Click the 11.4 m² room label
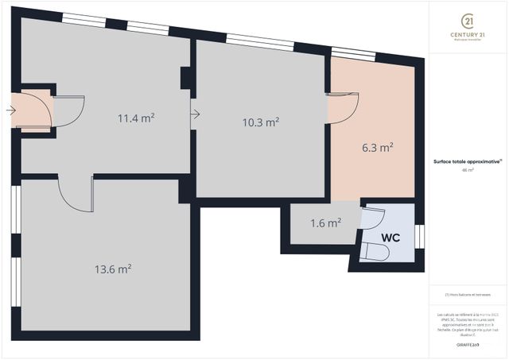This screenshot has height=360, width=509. pyautogui.click(x=136, y=118)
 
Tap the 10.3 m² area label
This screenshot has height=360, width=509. pyautogui.click(x=260, y=122)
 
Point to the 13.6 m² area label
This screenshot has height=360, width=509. pyautogui.click(x=112, y=269)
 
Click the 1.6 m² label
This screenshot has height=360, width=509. pyautogui.click(x=326, y=223)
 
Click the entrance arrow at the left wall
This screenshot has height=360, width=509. pyautogui.click(x=9, y=110)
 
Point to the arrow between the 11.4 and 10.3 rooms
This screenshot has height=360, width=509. pyautogui.click(x=194, y=114)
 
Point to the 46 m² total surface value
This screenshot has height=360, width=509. pyautogui.click(x=467, y=170)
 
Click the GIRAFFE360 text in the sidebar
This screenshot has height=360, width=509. pyautogui.click(x=467, y=345)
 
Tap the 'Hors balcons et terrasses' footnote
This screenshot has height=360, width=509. pyautogui.click(x=467, y=294)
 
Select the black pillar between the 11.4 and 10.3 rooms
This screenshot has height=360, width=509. pyautogui.click(x=186, y=77)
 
